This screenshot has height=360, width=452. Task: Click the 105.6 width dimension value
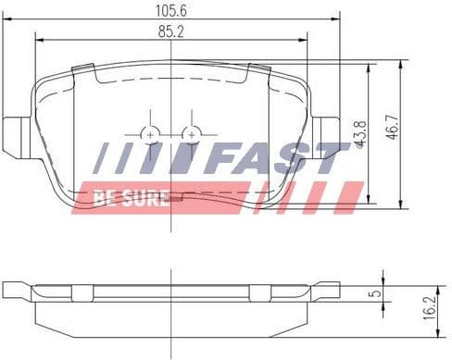click(x=171, y=11)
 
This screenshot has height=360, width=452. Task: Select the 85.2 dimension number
click(x=171, y=31)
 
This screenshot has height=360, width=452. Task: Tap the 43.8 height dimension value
click(x=360, y=134)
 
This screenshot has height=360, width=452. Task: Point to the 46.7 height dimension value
click(x=392, y=127)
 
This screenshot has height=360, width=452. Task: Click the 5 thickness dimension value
click(x=375, y=293)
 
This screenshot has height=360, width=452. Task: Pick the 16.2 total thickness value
click(x=430, y=307)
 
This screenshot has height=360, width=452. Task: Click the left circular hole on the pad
click(x=150, y=135)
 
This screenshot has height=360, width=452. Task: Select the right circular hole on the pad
click(x=192, y=135)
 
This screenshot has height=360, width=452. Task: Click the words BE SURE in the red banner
click(x=131, y=198)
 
